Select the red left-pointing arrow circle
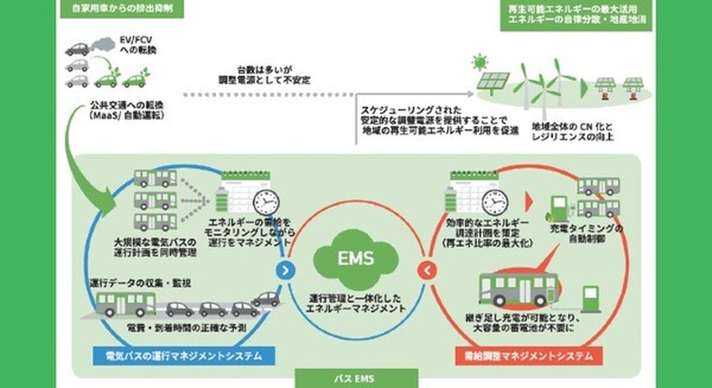(x=425, y=271)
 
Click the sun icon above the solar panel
(x=477, y=61)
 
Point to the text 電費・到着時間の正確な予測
(x=181, y=327)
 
